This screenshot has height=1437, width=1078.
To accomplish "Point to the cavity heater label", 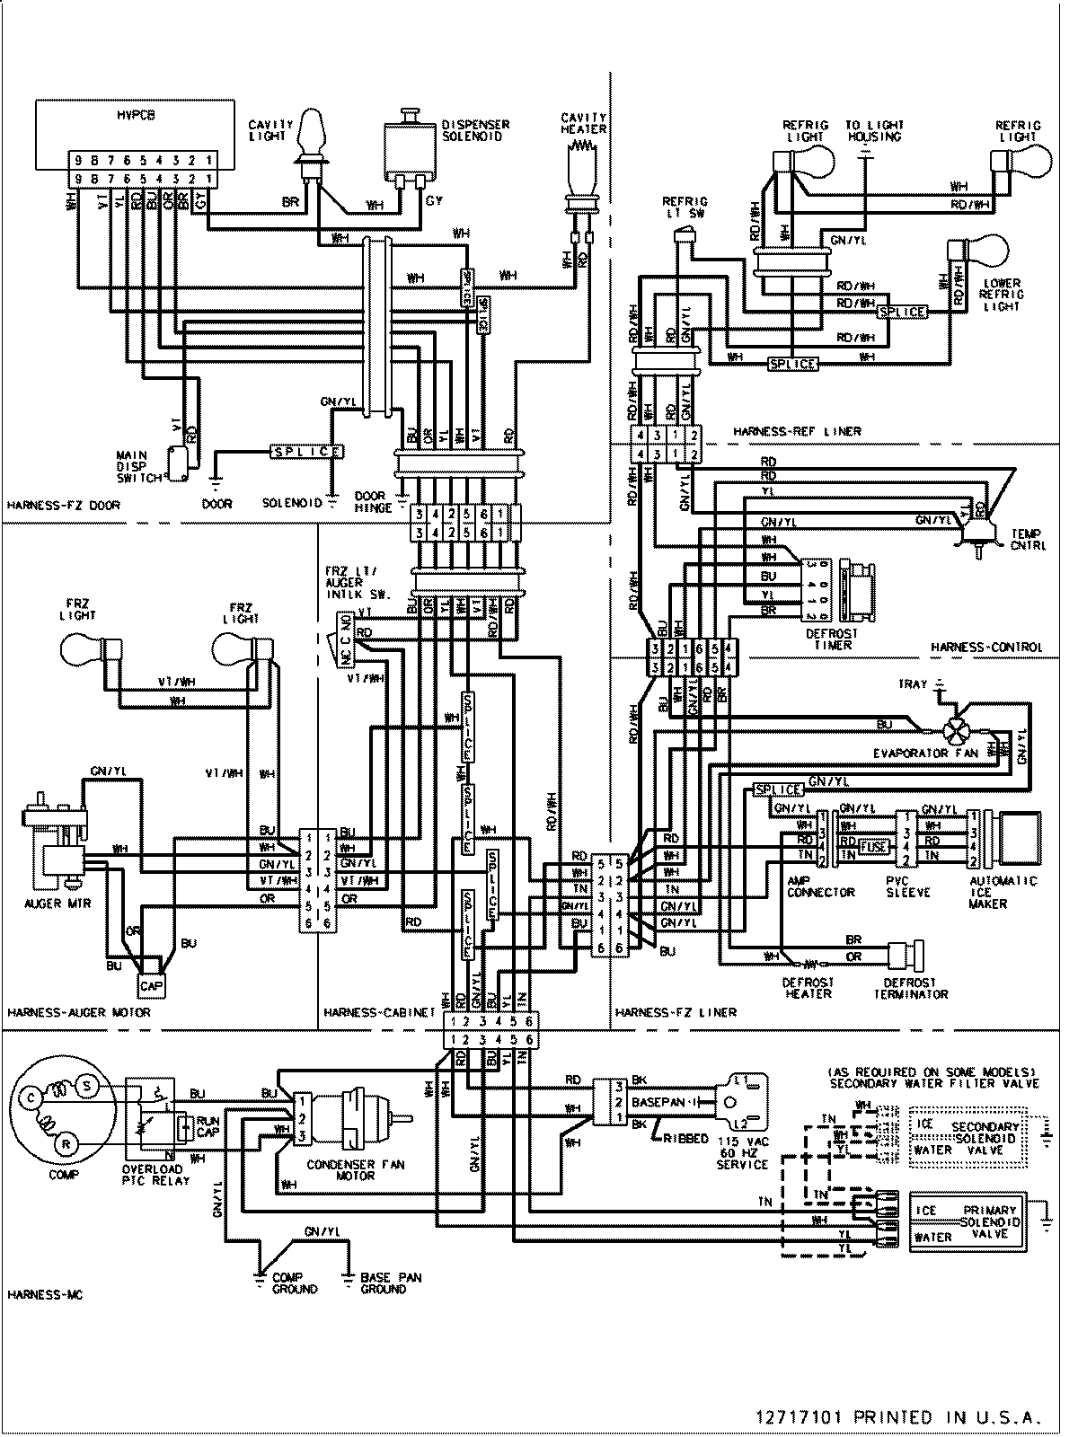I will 584,123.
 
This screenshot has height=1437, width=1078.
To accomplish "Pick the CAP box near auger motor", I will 151,985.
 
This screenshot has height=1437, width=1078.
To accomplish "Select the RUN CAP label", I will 208,1127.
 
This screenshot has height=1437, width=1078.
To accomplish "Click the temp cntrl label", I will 1027,539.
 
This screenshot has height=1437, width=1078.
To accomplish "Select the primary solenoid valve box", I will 976,1223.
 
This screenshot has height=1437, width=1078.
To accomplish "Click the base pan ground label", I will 390,1283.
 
